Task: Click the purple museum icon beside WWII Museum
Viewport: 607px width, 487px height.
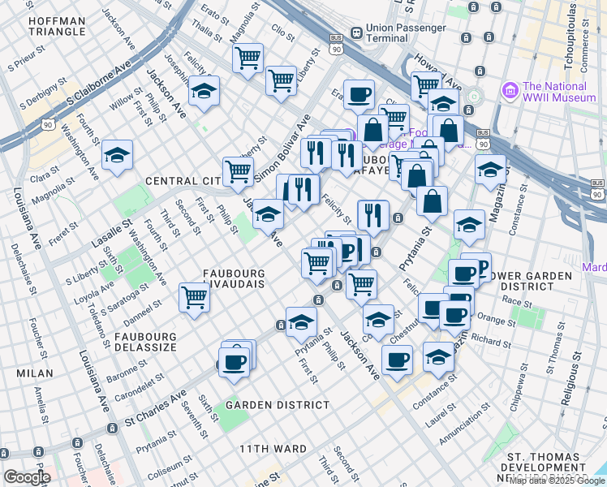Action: click(510, 87)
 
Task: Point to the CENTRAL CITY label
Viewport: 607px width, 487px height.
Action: click(183, 180)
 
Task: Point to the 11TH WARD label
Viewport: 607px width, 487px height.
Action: click(273, 448)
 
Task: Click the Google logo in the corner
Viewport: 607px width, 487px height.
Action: click(26, 477)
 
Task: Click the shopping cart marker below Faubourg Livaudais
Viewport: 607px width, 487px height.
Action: click(195, 297)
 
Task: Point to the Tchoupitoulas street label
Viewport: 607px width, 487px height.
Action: click(573, 41)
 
